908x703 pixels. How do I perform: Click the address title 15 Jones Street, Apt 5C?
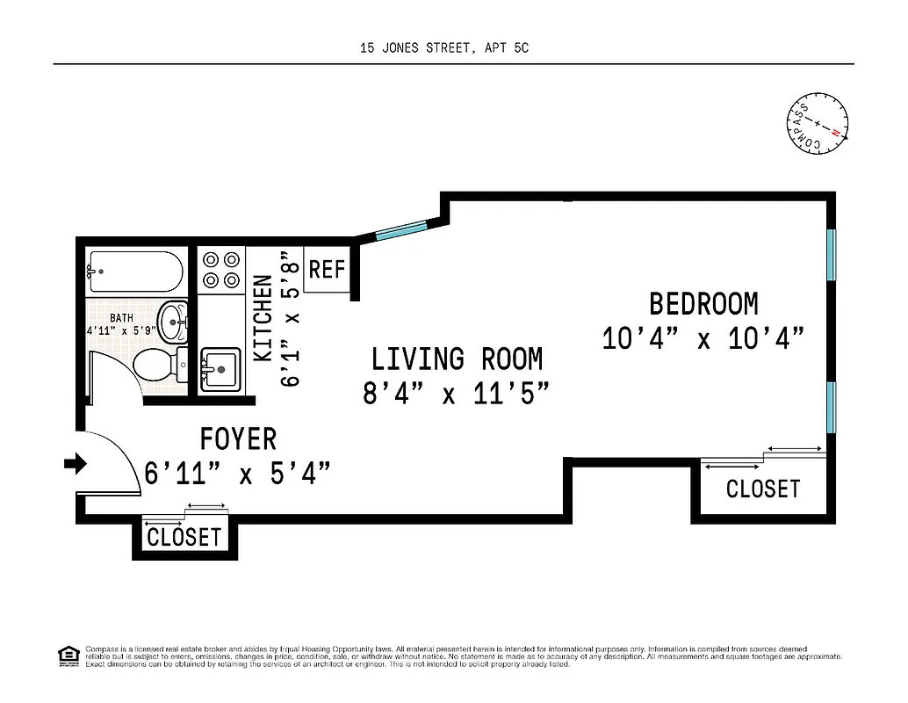pyautogui.click(x=444, y=48)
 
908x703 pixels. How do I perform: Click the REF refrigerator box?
pyautogui.click(x=328, y=269)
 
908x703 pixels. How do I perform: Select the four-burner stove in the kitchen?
pyautogui.click(x=220, y=270)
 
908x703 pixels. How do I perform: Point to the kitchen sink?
pyautogui.click(x=220, y=368)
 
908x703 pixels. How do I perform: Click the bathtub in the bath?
pyautogui.click(x=135, y=272)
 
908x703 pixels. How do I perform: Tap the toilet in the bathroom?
pyautogui.click(x=162, y=364)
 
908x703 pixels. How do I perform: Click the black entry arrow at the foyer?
pyautogui.click(x=76, y=463)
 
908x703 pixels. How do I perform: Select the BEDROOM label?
pyautogui.click(x=703, y=304)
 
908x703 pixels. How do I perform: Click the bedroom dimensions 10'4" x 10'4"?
pyautogui.click(x=703, y=338)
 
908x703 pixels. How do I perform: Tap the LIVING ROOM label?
pyautogui.click(x=457, y=359)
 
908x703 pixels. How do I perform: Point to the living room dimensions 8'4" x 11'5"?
pyautogui.click(x=457, y=393)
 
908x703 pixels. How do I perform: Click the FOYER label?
pyautogui.click(x=238, y=438)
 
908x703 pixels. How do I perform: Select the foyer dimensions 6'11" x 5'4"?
pyautogui.click(x=238, y=474)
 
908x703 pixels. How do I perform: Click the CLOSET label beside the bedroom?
pyautogui.click(x=763, y=489)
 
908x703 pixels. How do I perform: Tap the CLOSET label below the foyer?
pyautogui.click(x=184, y=537)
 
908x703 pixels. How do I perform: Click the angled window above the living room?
pyautogui.click(x=400, y=230)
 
